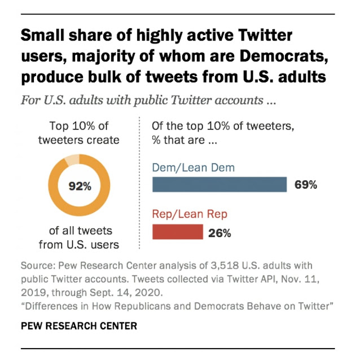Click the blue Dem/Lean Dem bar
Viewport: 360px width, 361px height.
219,184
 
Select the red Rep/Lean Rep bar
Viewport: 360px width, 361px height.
178,232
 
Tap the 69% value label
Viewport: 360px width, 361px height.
306,185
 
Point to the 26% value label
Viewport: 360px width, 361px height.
219,232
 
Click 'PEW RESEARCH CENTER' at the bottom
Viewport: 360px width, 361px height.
78,326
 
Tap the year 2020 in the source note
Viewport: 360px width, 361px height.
139,292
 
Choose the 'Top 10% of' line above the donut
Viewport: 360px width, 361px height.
79,126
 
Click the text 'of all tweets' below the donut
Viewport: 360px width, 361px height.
79,230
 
